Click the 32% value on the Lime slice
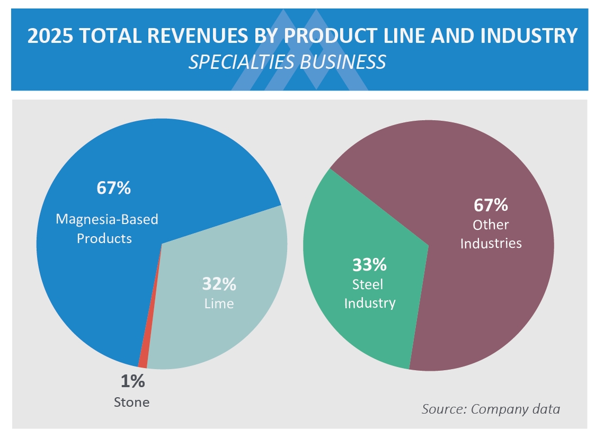pos(219,284)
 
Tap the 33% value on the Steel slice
pos(369,264)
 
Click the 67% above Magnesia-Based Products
pos(113,188)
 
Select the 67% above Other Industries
pos(491,204)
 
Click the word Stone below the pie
pos(131,402)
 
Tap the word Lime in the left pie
pos(219,304)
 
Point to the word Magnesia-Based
pos(106,219)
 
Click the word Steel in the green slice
pos(368,284)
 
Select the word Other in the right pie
pos(491,225)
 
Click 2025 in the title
pos(49,36)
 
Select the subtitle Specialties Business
pos(287,62)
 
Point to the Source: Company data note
pos(491,409)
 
